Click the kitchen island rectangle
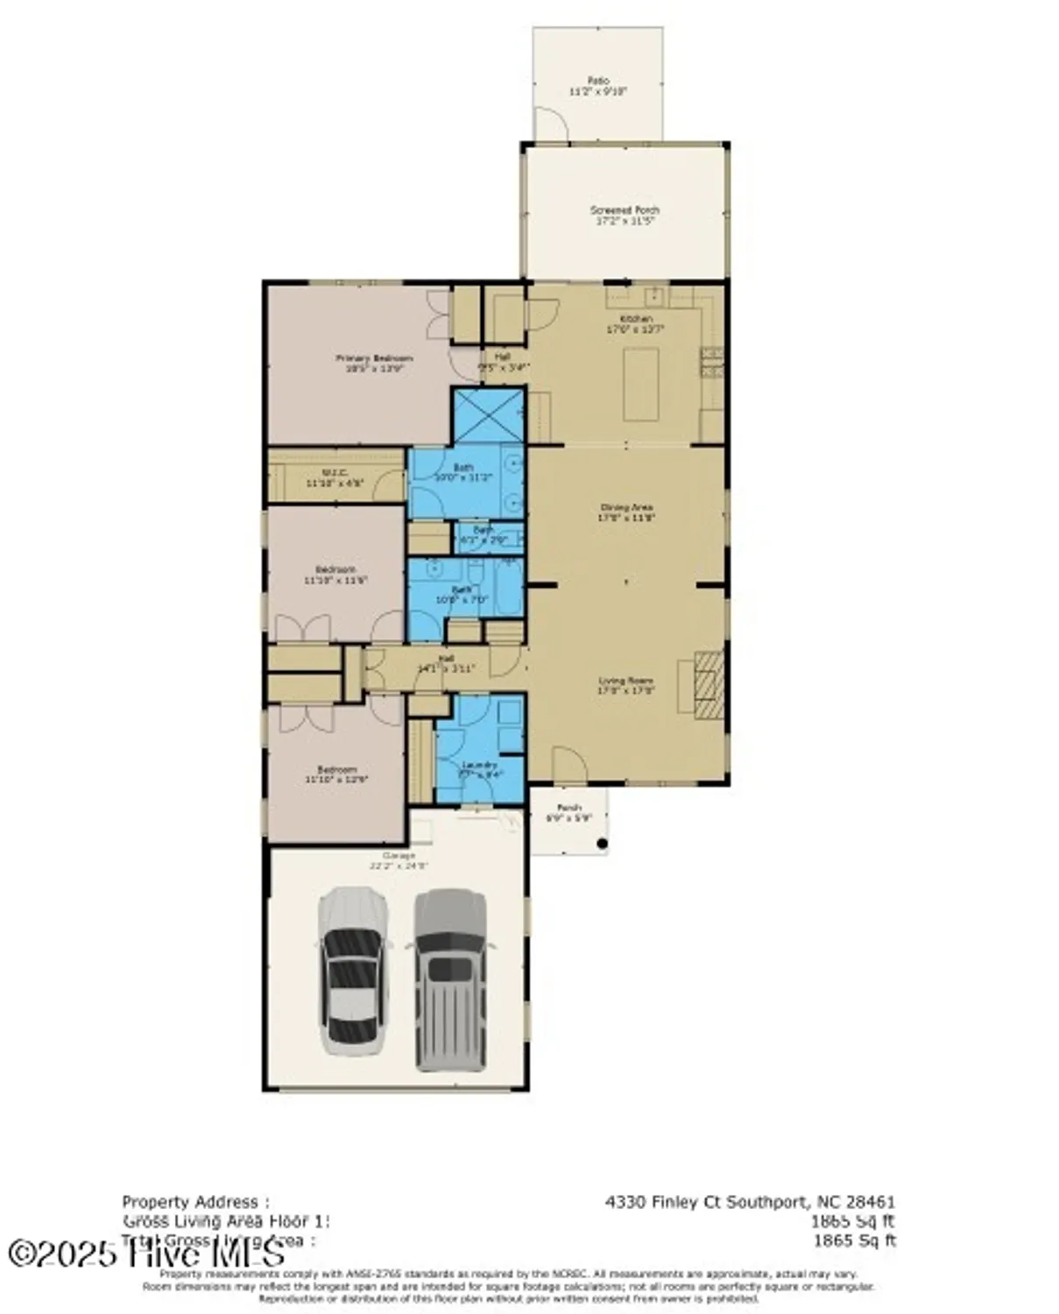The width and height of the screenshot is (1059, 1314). point(641,384)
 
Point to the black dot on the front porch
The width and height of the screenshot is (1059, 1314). point(602,844)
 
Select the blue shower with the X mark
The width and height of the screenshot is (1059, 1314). point(488,416)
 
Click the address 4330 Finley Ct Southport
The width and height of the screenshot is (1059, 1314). point(749,1202)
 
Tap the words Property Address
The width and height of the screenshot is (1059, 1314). point(195,1202)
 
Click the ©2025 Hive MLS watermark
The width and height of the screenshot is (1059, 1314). point(147,1253)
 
